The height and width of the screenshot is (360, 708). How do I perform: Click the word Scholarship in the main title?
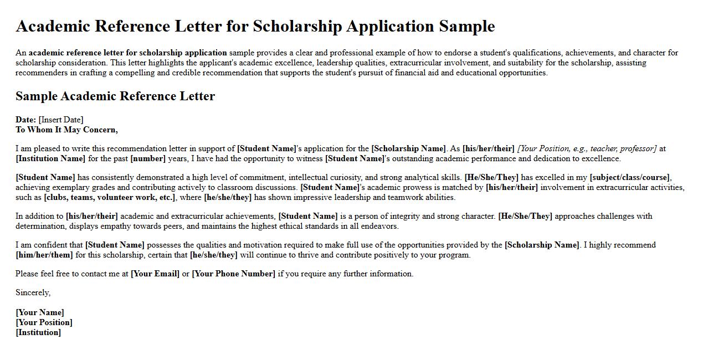[x=299, y=27]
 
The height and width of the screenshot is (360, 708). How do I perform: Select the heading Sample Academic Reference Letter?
[x=115, y=96]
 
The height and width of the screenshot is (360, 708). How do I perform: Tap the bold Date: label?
[x=25, y=120]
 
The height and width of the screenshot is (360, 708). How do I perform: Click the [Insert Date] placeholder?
[x=61, y=120]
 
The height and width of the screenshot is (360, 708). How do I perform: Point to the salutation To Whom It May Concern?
[x=66, y=130]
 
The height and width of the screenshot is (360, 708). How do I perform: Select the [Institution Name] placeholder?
[x=50, y=158]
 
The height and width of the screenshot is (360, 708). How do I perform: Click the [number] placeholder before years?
[x=148, y=158]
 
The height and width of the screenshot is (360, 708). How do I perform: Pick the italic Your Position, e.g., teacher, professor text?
[x=587, y=148]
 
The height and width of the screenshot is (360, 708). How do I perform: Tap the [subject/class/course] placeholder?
[x=630, y=177]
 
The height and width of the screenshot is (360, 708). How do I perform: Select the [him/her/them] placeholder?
[x=44, y=255]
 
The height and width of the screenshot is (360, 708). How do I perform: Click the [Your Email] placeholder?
[x=155, y=274]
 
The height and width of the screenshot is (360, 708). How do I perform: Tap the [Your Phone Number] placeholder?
[x=233, y=274]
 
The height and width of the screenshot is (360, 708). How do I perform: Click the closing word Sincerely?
[x=33, y=292]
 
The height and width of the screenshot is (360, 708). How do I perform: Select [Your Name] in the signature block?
[x=39, y=312]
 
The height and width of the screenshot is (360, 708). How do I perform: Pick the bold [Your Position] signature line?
[x=44, y=322]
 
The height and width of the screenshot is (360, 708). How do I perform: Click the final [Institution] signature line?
[x=38, y=332]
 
